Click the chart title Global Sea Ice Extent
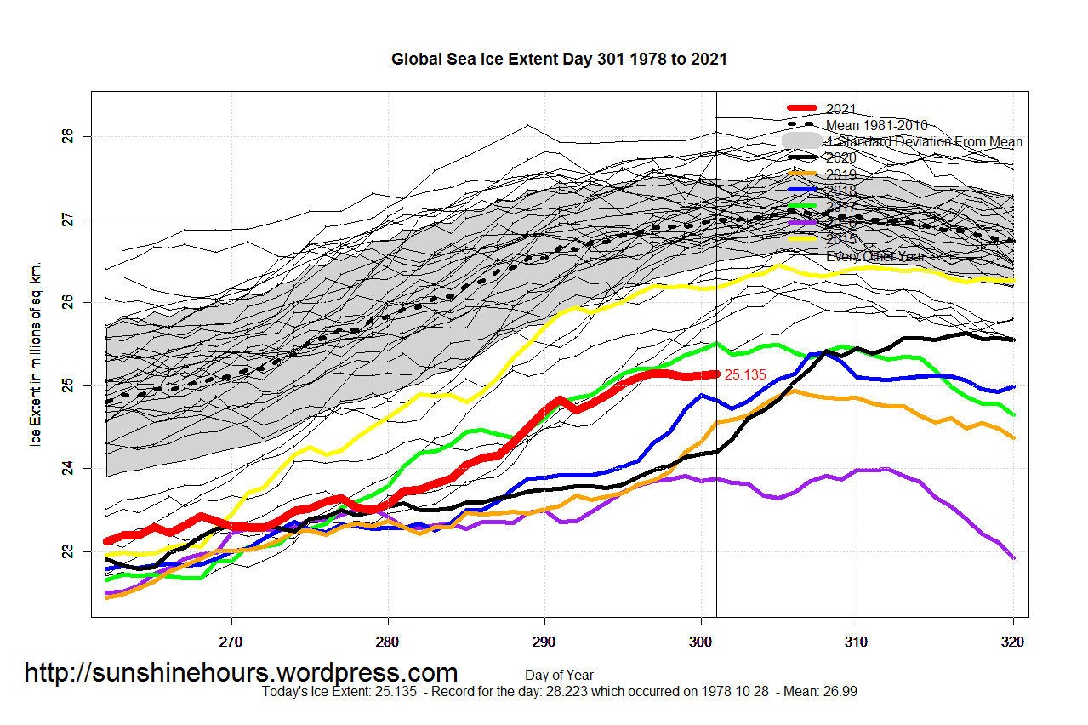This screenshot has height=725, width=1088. click(559, 60)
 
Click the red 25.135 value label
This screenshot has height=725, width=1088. click(745, 374)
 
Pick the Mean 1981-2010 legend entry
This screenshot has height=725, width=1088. click(876, 125)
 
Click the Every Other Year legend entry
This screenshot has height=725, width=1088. click(875, 255)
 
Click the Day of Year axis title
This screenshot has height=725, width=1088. click(559, 676)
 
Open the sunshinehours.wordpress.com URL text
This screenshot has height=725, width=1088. click(241, 673)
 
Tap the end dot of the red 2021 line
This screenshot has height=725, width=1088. click(715, 374)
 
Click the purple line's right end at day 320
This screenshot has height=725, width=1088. click(1013, 557)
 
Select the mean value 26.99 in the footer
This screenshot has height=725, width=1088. click(840, 692)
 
